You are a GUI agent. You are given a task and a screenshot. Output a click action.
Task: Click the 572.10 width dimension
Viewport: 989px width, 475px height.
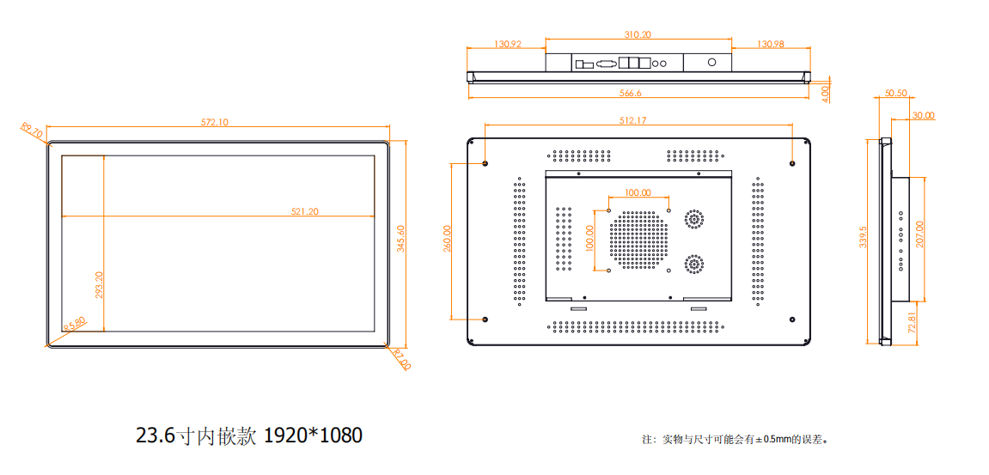point(215,122)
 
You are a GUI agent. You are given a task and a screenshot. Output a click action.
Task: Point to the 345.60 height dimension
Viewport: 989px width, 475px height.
point(400,238)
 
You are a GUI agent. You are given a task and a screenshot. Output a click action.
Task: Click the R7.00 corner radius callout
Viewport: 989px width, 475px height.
point(401,359)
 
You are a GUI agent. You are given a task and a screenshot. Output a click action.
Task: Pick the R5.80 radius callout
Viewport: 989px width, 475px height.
point(75,323)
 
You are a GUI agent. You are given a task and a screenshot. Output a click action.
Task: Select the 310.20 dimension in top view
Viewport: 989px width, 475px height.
point(638,35)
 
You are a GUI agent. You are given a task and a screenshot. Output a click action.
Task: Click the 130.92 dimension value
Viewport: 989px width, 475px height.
point(508,44)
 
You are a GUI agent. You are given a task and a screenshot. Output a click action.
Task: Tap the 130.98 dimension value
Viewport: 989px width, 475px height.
point(771,44)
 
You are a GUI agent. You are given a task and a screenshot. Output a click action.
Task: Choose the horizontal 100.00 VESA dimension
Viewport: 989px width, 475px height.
point(638,193)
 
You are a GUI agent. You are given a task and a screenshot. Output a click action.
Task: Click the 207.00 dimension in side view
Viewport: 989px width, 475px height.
point(919,234)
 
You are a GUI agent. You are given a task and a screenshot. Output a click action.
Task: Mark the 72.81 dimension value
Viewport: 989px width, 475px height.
point(912,325)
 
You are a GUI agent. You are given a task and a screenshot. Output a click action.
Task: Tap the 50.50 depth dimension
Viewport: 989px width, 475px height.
point(895,93)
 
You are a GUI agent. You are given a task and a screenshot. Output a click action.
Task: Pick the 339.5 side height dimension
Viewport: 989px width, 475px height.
point(864,238)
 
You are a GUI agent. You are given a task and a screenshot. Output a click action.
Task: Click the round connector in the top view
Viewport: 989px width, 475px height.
point(711,63)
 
